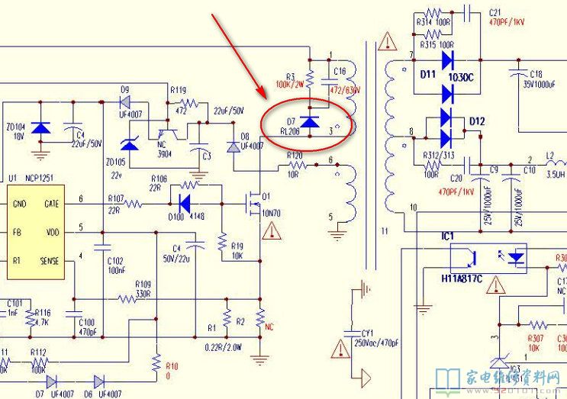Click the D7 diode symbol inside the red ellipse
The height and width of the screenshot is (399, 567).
309,121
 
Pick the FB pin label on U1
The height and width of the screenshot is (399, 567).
17,232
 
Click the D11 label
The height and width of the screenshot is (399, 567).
428,75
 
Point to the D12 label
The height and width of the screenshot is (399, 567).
478,121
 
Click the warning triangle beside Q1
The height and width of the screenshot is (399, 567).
269,232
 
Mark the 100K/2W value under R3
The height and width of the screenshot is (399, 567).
295,84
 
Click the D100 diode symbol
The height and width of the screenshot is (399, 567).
184,203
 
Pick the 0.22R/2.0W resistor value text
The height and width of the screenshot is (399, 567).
224,347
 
